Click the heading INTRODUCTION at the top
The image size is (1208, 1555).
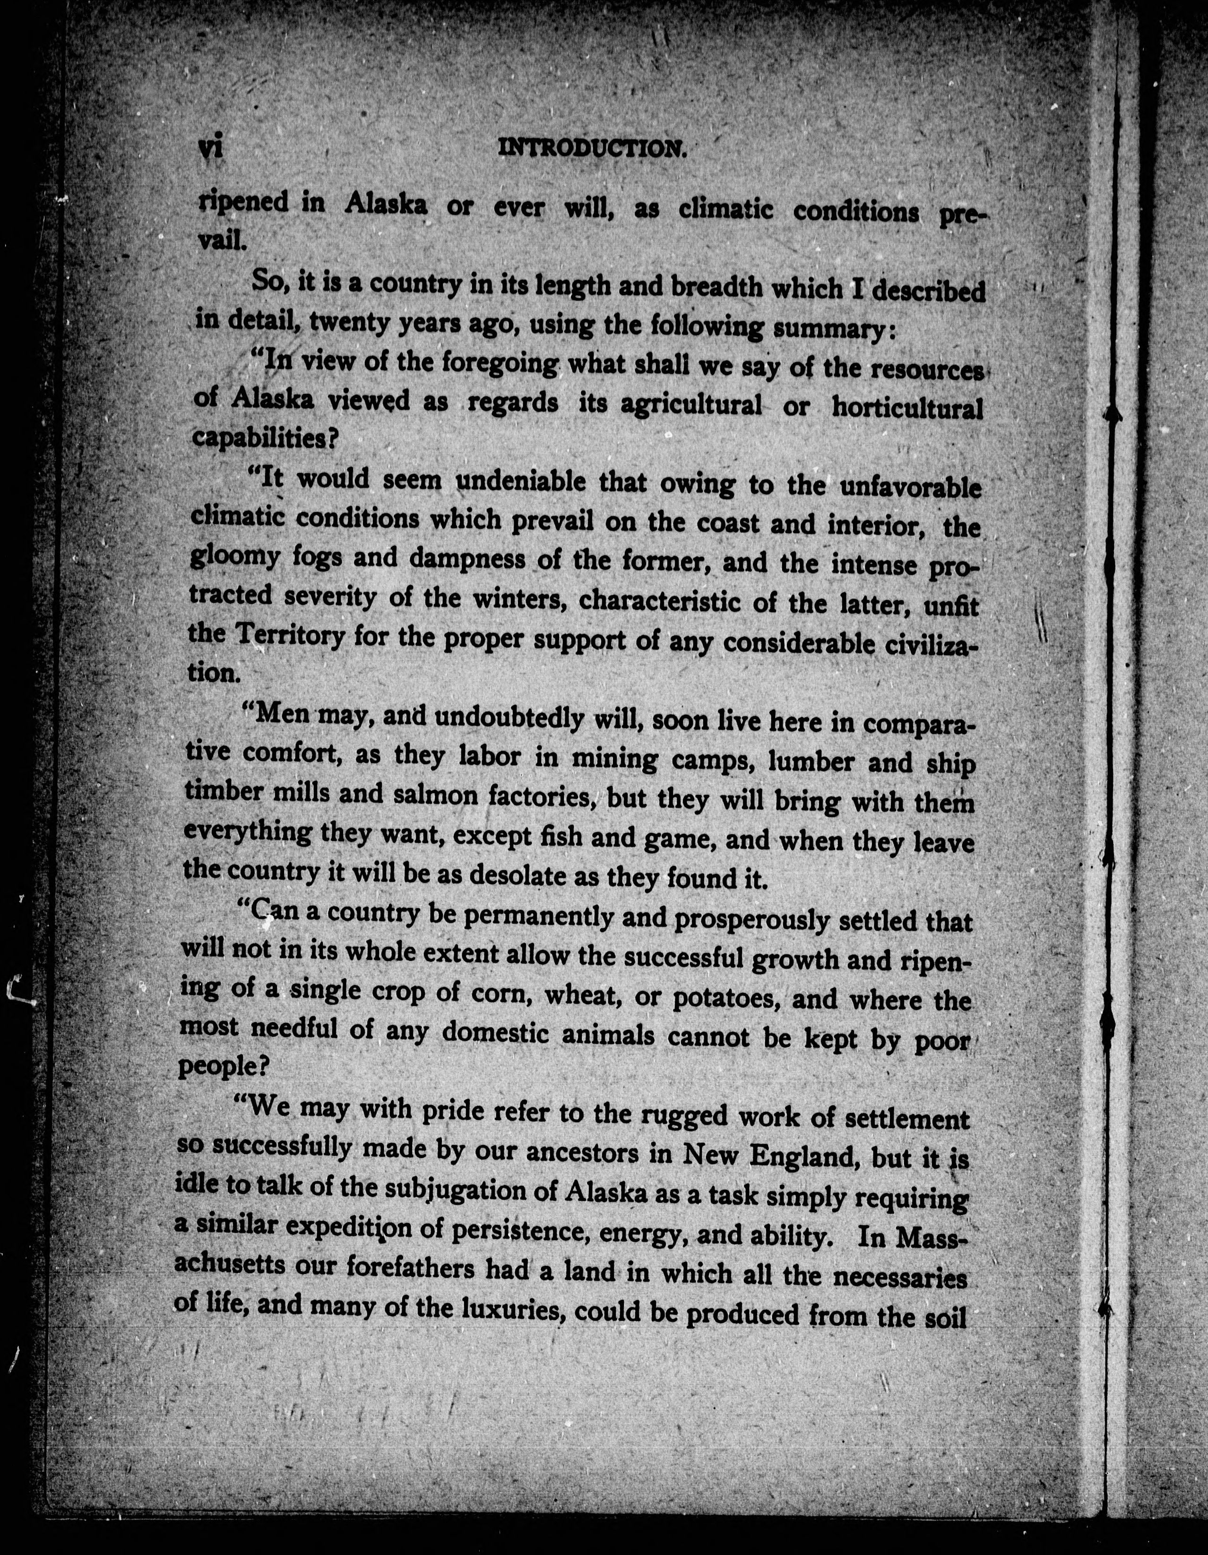pyautogui.click(x=592, y=148)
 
